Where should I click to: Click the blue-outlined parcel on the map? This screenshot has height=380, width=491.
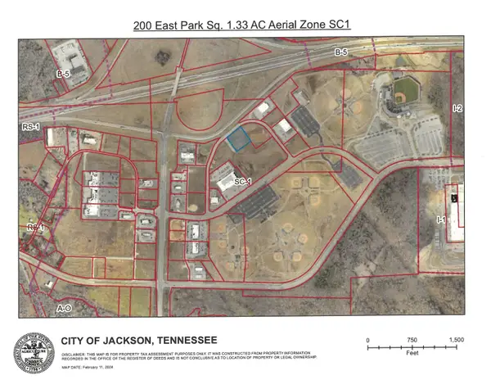pyautogui.click(x=238, y=141)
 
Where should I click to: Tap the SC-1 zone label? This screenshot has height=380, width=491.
pyautogui.click(x=241, y=181)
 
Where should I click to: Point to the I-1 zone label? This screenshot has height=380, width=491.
pyautogui.click(x=440, y=219)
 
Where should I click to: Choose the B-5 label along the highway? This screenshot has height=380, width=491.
pyautogui.click(x=340, y=52)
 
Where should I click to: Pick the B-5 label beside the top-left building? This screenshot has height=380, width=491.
pyautogui.click(x=60, y=74)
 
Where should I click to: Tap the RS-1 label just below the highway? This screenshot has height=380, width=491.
pyautogui.click(x=30, y=129)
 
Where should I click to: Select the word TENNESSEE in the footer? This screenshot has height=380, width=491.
pyautogui.click(x=189, y=340)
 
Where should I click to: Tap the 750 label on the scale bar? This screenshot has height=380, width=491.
pyautogui.click(x=411, y=339)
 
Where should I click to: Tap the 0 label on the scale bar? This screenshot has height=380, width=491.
pyautogui.click(x=368, y=339)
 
